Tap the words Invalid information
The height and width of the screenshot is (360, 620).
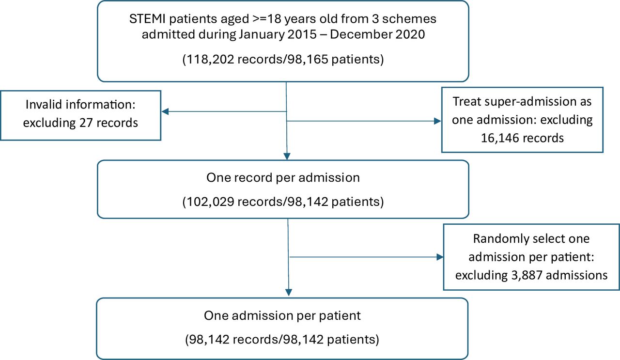pyautogui.click(x=80, y=105)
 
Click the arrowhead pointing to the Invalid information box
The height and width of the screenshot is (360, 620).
pyautogui.click(x=165, y=111)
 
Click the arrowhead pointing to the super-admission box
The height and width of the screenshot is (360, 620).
pyautogui.click(x=438, y=121)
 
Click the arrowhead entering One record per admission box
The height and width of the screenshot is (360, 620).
pyautogui.click(x=288, y=156)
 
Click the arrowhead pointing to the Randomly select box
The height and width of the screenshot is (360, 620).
pyautogui.click(x=440, y=257)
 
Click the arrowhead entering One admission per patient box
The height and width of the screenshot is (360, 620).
pyautogui.click(x=289, y=293)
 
